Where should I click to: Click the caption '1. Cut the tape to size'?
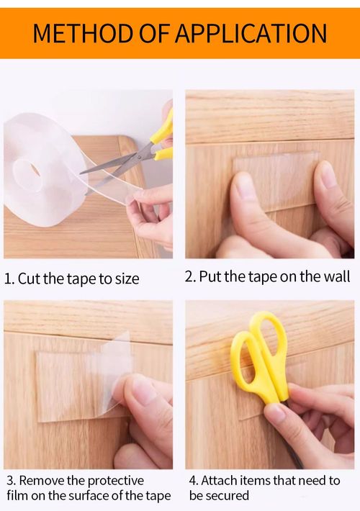72,279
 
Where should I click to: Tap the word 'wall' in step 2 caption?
336,276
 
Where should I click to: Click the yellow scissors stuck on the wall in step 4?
263,360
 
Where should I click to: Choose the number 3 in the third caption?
10,480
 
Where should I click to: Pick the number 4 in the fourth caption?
193,480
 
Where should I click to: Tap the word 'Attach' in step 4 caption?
220,480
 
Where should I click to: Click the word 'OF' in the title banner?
150,33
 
